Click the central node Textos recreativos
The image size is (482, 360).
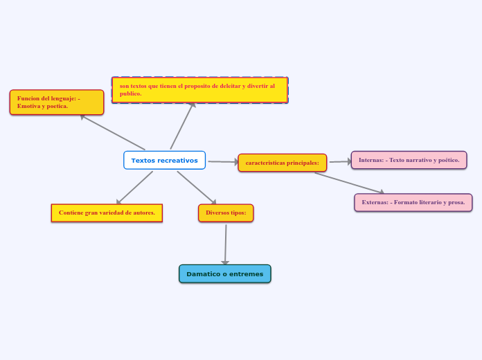(164, 161)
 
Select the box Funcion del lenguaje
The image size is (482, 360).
(57, 102)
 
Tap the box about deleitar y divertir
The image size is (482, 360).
(199, 90)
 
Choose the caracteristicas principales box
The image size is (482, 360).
(282, 163)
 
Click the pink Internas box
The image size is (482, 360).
(409, 160)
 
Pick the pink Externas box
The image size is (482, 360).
(413, 202)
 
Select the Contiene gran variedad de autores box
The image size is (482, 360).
(107, 213)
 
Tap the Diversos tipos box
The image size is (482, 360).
(226, 213)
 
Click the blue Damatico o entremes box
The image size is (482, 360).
(224, 274)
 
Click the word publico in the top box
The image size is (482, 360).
(130, 93)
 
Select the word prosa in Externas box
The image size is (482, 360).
(456, 202)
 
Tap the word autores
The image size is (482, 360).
(142, 213)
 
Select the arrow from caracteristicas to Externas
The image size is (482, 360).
(349, 183)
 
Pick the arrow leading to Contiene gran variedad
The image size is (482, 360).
(134, 188)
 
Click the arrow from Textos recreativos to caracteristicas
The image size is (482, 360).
(222, 162)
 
